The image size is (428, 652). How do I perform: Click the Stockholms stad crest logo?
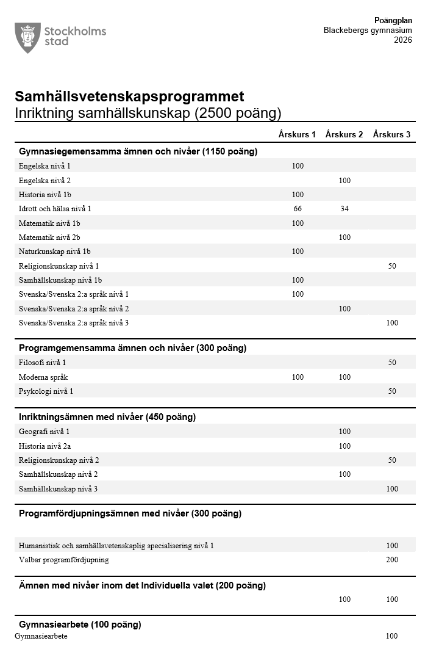click(x=27, y=38)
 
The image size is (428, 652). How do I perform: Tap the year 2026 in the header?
click(x=402, y=40)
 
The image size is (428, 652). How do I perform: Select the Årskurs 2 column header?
click(x=344, y=134)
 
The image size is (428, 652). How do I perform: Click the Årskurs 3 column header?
click(x=391, y=134)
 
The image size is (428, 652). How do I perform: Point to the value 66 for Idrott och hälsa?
click(x=298, y=209)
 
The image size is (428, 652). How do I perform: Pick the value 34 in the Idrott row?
click(x=344, y=209)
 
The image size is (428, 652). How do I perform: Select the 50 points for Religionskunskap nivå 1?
click(x=392, y=266)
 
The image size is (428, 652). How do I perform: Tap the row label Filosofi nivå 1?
click(x=42, y=363)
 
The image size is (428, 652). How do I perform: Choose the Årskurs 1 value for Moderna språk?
click(x=298, y=377)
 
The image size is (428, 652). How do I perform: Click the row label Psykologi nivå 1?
click(x=46, y=391)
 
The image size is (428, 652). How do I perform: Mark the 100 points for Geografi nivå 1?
click(x=344, y=432)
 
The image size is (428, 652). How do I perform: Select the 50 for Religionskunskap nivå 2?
click(x=392, y=460)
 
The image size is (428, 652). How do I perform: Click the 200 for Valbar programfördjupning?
click(x=392, y=560)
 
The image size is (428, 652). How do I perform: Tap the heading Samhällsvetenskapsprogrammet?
click(x=129, y=96)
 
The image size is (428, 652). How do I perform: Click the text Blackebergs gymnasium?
click(x=368, y=31)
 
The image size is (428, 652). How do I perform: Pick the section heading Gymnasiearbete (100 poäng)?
click(x=80, y=625)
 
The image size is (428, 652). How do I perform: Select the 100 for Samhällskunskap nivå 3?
click(x=392, y=489)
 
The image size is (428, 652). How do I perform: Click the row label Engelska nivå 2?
click(x=45, y=181)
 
